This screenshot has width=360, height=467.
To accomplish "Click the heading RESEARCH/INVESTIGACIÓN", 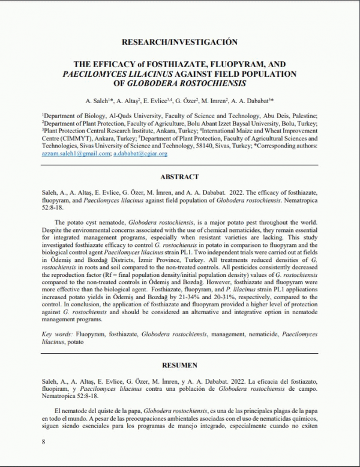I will point(179,42).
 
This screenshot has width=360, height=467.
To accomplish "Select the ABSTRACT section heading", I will point(179,177).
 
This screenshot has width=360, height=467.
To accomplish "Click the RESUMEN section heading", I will point(179,364).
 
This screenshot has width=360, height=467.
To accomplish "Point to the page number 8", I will point(43,442).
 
